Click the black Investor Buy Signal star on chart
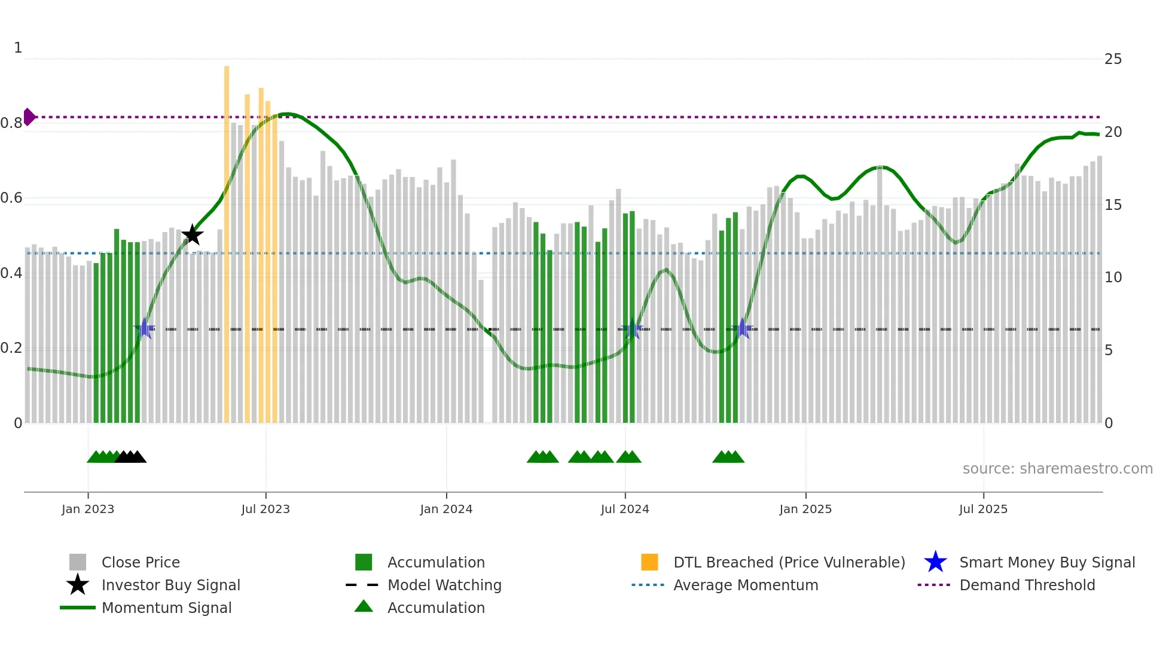tap(193, 235)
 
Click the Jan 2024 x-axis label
tap(446, 509)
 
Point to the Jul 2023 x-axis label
tap(265, 509)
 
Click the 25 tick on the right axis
tap(1113, 59)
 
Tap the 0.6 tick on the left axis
tap(12, 198)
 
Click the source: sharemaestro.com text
tap(1057, 469)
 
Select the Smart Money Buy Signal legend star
tap(935, 562)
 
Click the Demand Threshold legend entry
tap(1027, 585)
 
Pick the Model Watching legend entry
tap(444, 585)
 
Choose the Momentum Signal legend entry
tap(166, 608)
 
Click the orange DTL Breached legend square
tap(649, 562)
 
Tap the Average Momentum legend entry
tap(745, 585)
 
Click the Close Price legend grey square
tap(78, 562)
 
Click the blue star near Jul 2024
tap(633, 329)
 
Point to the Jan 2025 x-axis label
tap(805, 509)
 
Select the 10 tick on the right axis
tap(1113, 277)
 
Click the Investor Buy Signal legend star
tap(78, 585)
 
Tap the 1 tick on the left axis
tap(18, 48)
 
